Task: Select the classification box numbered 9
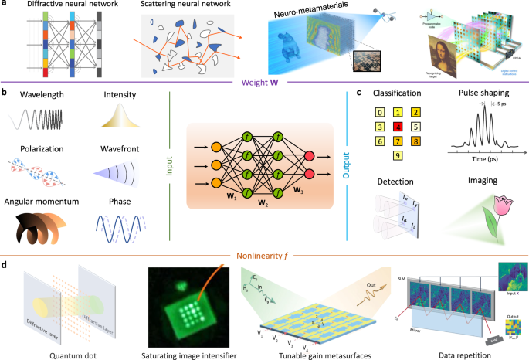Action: (x=398, y=155)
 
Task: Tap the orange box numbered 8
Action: (x=416, y=140)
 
